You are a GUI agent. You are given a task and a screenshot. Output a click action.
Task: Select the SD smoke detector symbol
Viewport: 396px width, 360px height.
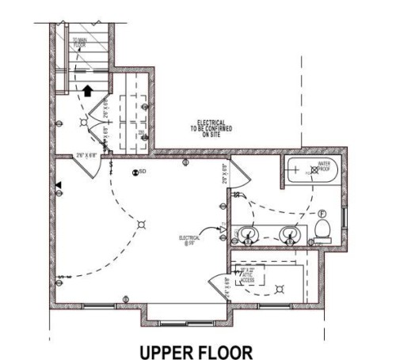[139, 172]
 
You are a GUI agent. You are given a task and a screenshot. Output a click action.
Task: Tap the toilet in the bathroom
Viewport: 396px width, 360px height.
[322, 229]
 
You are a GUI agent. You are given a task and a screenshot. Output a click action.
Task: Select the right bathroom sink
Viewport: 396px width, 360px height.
[291, 233]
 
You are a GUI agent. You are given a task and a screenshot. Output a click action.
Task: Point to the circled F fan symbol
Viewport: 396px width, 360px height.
[322, 214]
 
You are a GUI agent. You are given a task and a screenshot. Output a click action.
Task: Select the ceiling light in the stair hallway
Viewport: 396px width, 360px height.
[83, 123]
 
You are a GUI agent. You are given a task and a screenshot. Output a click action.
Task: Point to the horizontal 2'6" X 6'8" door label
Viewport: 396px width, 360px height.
[86, 155]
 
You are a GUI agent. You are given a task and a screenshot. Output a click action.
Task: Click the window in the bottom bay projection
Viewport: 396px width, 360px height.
[187, 305]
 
